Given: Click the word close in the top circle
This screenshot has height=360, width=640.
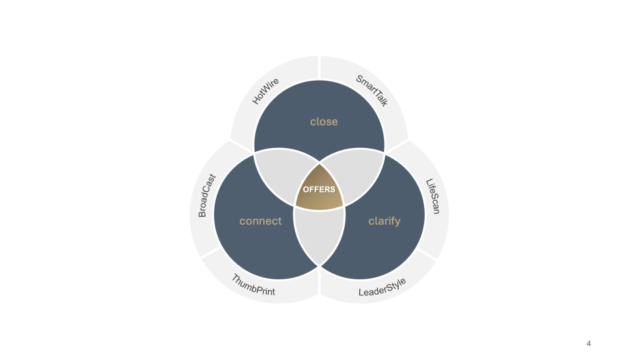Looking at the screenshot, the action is [x=324, y=121].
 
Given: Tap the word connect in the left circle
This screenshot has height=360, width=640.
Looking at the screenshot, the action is [x=261, y=221].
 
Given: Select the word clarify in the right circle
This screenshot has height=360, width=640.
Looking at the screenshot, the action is [x=385, y=221].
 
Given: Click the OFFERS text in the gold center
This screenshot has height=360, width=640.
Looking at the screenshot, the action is [x=319, y=189].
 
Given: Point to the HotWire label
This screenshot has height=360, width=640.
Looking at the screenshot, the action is [x=265, y=91].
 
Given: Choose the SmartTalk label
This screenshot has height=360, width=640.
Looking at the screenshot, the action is [x=372, y=91].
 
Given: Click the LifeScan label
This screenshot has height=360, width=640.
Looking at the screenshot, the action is [x=433, y=196].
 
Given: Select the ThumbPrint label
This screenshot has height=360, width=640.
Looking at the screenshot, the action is [x=253, y=285].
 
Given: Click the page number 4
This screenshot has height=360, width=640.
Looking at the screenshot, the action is [x=589, y=343].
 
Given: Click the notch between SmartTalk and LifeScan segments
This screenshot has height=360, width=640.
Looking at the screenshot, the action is [x=398, y=145].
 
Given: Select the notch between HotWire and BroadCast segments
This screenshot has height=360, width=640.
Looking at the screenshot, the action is [x=241, y=145].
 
